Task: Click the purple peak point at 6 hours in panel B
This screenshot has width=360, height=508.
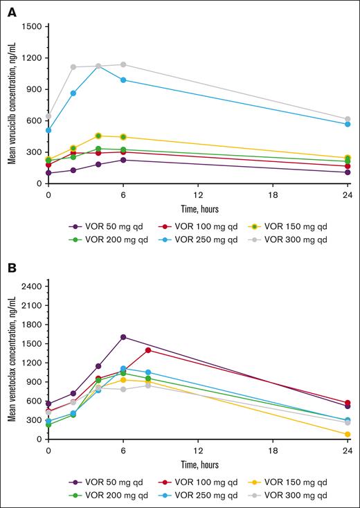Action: tap(123, 337)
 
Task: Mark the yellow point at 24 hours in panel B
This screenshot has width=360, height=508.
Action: tap(348, 435)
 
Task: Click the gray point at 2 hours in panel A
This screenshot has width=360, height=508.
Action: tap(73, 67)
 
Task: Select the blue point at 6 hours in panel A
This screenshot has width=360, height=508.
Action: tap(123, 80)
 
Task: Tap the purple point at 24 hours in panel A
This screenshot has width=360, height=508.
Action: tap(348, 172)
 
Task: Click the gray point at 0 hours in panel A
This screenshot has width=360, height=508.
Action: tap(48, 116)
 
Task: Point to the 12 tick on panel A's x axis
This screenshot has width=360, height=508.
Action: tap(199, 194)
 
